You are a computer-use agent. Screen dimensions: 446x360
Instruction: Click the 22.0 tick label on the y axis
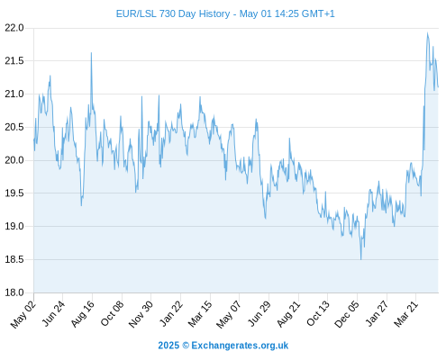point(14,28)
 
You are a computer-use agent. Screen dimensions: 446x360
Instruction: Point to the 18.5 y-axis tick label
point(14,259)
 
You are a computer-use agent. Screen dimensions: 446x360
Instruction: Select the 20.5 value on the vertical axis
point(14,127)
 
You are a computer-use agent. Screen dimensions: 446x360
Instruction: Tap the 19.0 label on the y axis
point(14,226)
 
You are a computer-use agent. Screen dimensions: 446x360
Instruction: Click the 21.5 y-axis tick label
point(14,61)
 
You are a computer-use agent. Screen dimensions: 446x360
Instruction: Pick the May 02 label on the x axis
point(23,314)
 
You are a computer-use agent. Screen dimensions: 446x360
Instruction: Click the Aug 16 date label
point(82,313)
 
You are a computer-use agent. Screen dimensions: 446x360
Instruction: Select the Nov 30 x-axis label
point(141,314)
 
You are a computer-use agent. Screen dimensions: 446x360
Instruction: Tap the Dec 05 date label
point(346,314)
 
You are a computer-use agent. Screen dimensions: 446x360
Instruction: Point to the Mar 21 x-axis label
point(406,314)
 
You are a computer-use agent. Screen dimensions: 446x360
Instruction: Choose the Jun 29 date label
point(259,313)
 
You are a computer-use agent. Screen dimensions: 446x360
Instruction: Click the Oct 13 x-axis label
point(318,313)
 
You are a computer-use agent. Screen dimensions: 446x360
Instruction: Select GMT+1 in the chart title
point(318,13)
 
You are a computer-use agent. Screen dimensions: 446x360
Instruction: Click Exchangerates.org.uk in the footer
point(240,346)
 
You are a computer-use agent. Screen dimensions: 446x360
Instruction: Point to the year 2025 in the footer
point(168,346)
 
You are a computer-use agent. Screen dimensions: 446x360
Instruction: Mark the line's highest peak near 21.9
point(427,33)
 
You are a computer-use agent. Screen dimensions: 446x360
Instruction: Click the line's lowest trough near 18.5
point(360,259)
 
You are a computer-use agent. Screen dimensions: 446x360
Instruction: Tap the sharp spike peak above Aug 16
point(91,53)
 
